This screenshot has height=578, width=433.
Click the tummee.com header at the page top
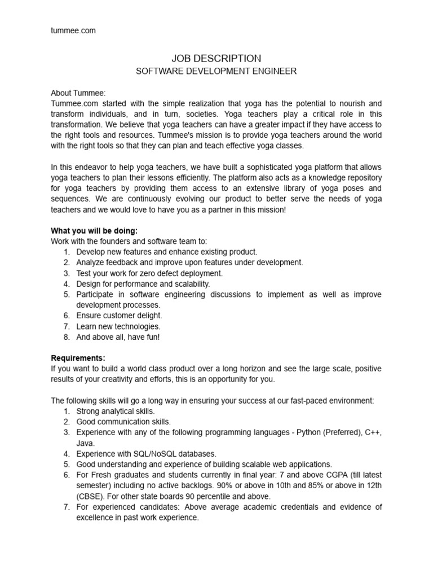(x=73, y=31)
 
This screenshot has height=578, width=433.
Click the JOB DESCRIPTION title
(x=216, y=59)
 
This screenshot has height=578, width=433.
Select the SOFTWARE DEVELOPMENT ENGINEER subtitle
(x=216, y=72)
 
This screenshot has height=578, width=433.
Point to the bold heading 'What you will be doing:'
(x=94, y=230)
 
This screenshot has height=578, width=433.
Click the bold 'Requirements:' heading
(x=78, y=358)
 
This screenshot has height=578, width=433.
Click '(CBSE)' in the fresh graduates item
(x=92, y=497)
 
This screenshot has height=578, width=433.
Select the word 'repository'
(x=360, y=178)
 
